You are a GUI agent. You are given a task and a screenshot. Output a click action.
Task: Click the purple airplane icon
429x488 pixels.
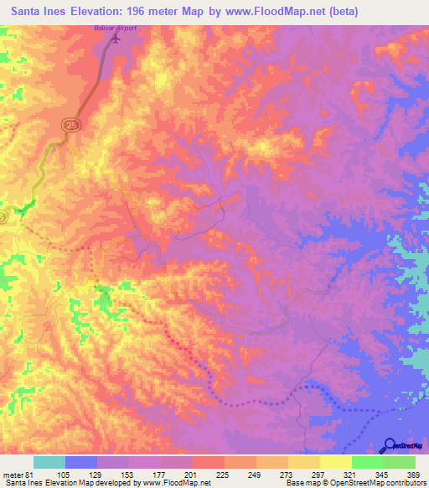coord(116,37)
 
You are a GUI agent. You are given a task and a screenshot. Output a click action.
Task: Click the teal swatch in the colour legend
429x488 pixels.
coord(49,463)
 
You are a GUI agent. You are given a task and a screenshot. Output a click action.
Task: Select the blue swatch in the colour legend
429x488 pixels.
coord(80,463)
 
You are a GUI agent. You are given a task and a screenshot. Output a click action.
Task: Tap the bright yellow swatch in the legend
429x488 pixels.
coord(335,463)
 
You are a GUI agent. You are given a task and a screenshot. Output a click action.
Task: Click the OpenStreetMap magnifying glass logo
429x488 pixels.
coord(390,444)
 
